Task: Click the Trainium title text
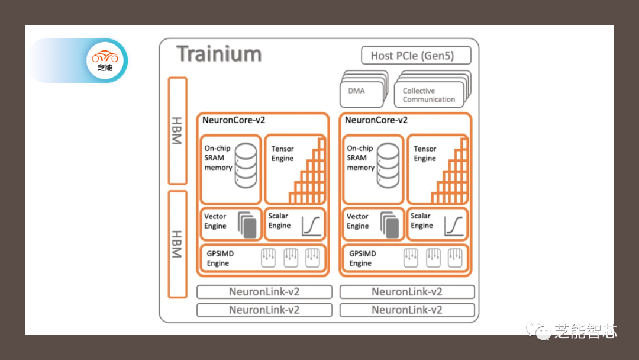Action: coord(219,54)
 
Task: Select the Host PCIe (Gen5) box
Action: coord(416,56)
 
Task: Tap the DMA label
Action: coord(357,91)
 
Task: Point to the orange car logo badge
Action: coord(105,60)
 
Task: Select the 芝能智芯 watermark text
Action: coord(585,331)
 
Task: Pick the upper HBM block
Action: coord(177,130)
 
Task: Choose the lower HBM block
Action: coord(177,243)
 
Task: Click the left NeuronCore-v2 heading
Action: coord(234,120)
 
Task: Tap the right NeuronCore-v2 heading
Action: coord(376,120)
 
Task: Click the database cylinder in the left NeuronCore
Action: coord(246,165)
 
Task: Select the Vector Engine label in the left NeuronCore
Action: coord(215,221)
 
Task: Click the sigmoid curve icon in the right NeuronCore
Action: coord(454,226)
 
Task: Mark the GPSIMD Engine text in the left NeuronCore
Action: coord(220,258)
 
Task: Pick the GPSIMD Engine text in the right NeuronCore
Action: coord(362,258)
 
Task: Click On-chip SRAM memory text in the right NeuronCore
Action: coord(360,158)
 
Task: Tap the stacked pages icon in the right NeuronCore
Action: coord(389,226)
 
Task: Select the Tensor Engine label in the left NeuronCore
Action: coord(282,153)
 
